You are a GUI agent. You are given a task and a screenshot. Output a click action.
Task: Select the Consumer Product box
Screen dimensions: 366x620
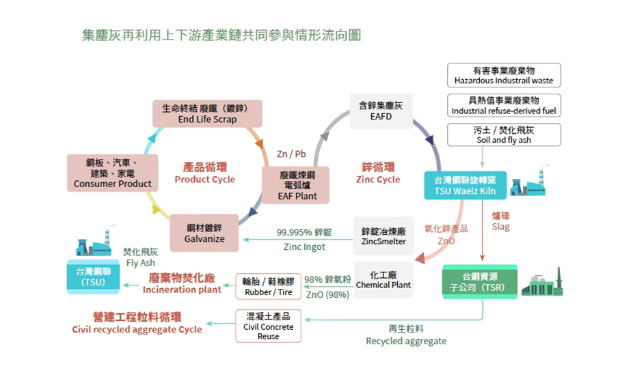coord(113,173)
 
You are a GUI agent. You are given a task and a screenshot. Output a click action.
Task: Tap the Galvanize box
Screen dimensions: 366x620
coord(204,233)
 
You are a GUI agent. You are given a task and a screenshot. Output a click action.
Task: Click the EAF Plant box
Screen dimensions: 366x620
coord(297,185)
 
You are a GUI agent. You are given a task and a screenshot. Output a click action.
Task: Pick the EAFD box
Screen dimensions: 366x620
coord(381,111)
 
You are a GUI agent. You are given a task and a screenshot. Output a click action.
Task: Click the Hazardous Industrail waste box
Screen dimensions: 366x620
coord(504,75)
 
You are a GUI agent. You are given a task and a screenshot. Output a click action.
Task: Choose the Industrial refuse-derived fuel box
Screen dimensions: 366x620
coord(504,105)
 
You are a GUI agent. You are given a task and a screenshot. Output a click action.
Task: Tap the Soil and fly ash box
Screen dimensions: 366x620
coord(504,135)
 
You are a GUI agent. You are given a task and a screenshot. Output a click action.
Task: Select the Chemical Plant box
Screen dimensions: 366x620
coord(383,279)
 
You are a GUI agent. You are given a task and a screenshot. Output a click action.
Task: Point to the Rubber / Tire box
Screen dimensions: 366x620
coord(268,287)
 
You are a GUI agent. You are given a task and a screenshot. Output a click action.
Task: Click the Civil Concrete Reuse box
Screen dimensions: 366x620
coord(268,326)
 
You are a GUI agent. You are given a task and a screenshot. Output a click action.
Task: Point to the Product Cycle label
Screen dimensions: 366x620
coord(204,173)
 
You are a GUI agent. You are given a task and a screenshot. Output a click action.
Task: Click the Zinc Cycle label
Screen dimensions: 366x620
coord(378,173)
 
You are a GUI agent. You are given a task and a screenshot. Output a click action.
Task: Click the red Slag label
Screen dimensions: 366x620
coord(500,221)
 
